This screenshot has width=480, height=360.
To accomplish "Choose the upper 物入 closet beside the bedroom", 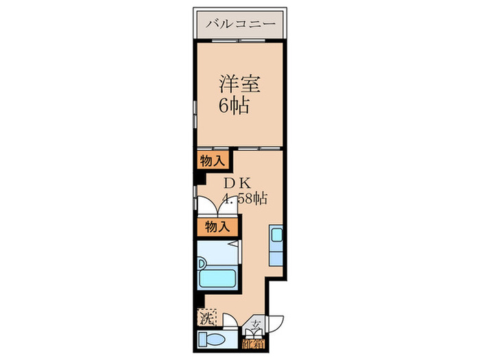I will [212, 161].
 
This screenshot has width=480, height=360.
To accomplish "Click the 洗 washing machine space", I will [207, 317].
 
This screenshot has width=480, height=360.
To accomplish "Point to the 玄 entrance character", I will [255, 325].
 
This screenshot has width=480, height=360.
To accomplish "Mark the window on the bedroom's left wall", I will [195, 110].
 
